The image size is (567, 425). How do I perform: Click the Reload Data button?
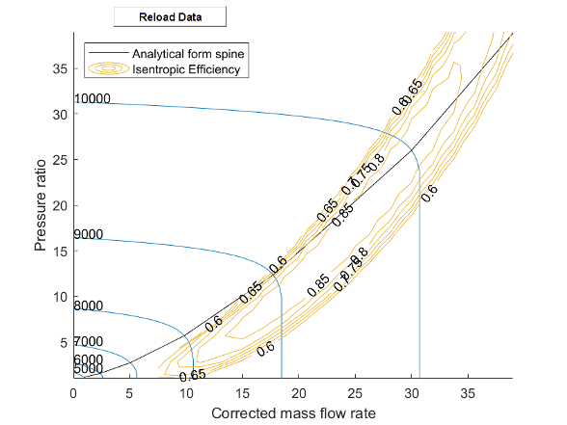[x=170, y=17]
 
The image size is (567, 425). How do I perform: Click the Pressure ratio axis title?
[x=40, y=205]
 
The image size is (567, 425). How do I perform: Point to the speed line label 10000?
[x=93, y=99]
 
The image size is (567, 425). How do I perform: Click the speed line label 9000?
[x=88, y=235]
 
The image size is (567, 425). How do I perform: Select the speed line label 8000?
[x=88, y=306]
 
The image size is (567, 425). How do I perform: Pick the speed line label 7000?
[x=88, y=342]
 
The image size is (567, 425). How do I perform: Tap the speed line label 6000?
[x=88, y=359]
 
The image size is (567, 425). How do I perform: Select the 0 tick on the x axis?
[x=73, y=392]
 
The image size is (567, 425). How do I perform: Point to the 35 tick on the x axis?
[x=469, y=392]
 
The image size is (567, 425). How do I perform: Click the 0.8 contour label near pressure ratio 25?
[x=376, y=160]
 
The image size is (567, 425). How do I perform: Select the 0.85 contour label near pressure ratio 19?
[x=341, y=216]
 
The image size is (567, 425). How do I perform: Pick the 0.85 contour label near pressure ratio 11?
[x=318, y=286]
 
